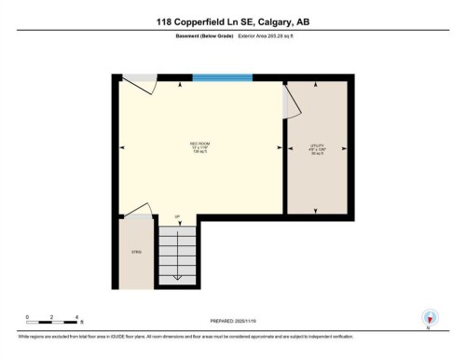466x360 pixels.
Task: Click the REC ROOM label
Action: (x=198, y=145)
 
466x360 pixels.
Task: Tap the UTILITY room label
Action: (x=316, y=146)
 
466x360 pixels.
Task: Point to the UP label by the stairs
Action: (x=176, y=216)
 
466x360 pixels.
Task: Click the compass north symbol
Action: (x=429, y=318)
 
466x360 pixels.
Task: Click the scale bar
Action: (x=53, y=322)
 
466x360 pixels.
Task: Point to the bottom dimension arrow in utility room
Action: (x=316, y=210)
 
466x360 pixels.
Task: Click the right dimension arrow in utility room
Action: (x=345, y=146)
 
